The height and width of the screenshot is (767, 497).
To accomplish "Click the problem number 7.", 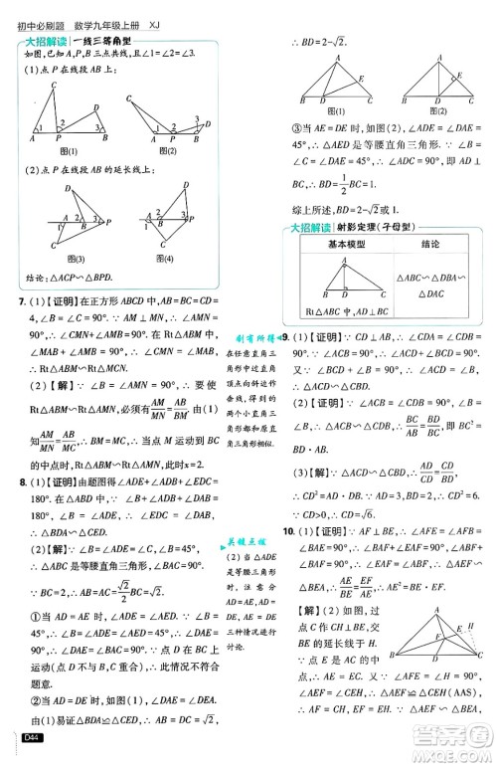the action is pos(13,300).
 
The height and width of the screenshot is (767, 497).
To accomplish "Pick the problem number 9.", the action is pos(287,339).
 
